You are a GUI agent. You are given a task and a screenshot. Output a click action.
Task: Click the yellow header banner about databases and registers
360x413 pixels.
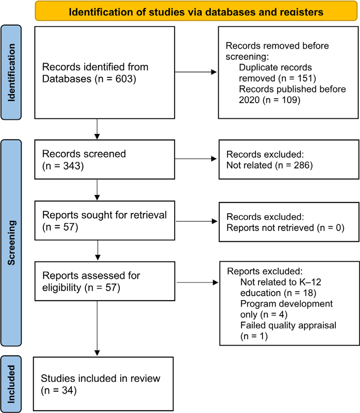(x=196, y=11)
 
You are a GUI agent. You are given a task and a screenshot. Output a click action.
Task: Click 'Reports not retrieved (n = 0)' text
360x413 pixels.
(x=285, y=228)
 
